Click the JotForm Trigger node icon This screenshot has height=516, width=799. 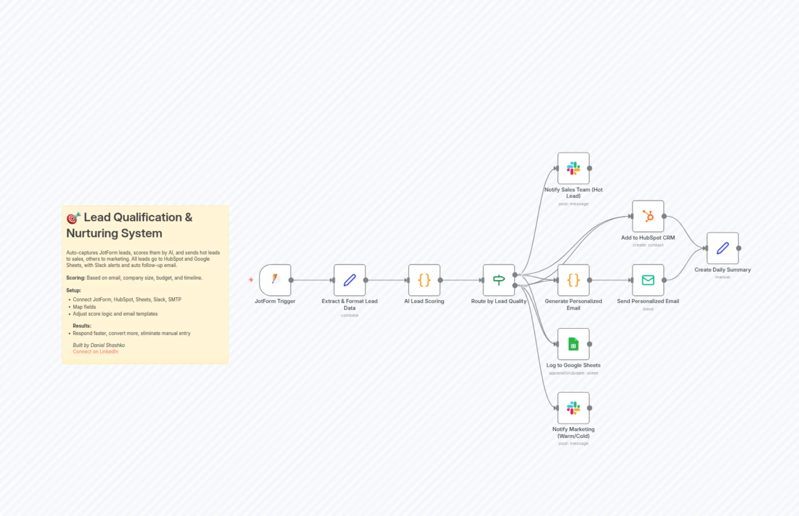275,280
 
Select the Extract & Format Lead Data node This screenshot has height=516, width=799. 349,280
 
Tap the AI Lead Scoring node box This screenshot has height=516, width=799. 424,280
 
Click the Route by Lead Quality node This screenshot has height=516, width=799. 498,280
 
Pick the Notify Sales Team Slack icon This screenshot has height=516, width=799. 573,168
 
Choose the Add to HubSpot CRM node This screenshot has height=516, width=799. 647,216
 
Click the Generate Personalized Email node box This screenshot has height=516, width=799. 573,280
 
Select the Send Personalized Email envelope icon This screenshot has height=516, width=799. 647,280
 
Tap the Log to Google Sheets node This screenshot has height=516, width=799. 573,344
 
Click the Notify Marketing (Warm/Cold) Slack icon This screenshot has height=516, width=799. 573,408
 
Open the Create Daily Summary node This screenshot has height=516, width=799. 722,248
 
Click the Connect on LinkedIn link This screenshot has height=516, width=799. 96,352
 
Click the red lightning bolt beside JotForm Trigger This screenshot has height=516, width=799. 251,280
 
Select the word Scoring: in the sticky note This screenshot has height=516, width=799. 76,278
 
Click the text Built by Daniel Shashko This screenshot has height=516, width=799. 99,345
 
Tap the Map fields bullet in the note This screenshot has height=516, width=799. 84,307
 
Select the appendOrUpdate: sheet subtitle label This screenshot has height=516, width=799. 573,373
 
